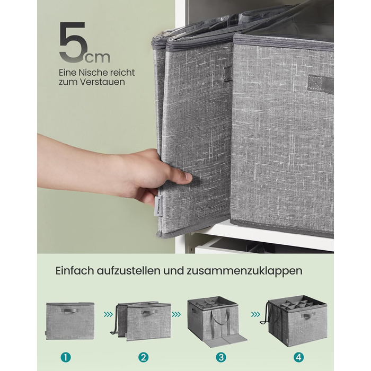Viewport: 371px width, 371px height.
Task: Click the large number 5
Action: [72, 42]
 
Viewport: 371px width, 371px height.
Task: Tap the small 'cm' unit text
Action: [98, 57]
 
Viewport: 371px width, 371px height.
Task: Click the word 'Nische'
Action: [92, 73]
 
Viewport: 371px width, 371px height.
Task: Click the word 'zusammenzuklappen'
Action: [244, 271]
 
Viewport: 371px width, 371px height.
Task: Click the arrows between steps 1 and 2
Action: [108, 314]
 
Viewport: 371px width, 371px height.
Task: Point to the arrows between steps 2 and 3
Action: [176, 314]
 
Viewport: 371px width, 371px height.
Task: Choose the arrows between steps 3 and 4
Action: [255, 314]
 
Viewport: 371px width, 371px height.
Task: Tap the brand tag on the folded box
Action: [159, 206]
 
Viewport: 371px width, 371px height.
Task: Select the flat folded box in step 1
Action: [70, 321]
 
